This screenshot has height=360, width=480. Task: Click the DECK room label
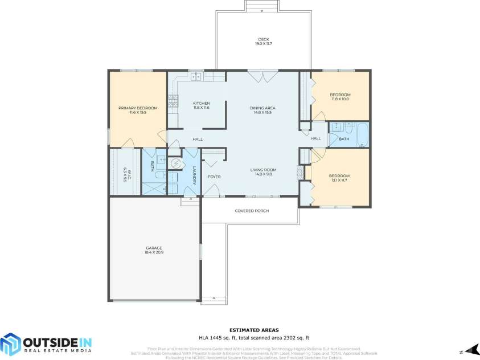pos(262,39)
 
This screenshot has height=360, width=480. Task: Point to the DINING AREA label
pos(262,108)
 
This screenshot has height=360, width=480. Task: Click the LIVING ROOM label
pos(263,170)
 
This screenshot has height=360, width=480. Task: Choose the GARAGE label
pos(154,248)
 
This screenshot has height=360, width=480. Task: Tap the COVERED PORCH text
pos(252,211)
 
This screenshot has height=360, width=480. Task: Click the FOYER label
pos(214,177)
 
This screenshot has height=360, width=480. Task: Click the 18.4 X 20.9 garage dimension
pos(154,252)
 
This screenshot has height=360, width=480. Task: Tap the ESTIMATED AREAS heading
pos(254,330)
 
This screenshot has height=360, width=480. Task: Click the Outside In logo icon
pos(10,344)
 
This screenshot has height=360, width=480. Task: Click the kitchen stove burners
pos(173,101)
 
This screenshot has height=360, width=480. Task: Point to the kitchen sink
pos(196,76)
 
